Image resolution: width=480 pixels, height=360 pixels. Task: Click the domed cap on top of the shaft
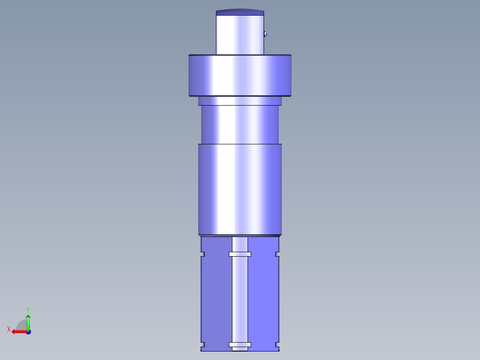pyautogui.click(x=240, y=12)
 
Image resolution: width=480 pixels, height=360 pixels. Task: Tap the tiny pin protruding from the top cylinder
pyautogui.click(x=265, y=33)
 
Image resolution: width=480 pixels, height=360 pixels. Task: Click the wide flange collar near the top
pyautogui.click(x=240, y=75)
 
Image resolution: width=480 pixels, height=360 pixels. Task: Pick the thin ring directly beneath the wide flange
pyautogui.click(x=240, y=101)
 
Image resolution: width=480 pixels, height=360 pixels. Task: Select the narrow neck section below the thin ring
pyautogui.click(x=240, y=125)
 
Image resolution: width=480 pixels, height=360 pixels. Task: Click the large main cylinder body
pyautogui.click(x=240, y=189)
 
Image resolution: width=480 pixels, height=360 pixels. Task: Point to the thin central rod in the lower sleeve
pyautogui.click(x=240, y=299)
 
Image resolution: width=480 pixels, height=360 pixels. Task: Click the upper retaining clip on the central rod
pyautogui.click(x=240, y=254)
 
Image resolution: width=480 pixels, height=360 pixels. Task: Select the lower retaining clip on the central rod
pyautogui.click(x=240, y=345)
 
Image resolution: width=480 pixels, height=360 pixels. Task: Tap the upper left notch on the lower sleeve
pyautogui.click(x=202, y=254)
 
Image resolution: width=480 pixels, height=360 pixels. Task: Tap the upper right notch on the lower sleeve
pyautogui.click(x=277, y=254)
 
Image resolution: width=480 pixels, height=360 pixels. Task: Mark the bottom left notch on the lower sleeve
pyautogui.click(x=202, y=345)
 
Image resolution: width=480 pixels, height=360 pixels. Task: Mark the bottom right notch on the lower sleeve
pyautogui.click(x=277, y=345)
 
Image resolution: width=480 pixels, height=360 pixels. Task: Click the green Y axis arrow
pyautogui.click(x=28, y=321)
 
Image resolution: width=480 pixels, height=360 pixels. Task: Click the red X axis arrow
pyautogui.click(x=18, y=331)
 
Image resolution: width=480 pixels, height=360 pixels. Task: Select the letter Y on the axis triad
pyautogui.click(x=28, y=309)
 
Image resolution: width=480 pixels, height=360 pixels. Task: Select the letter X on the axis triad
pyautogui.click(x=9, y=330)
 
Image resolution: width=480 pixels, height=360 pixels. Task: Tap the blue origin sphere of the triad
pyautogui.click(x=28, y=332)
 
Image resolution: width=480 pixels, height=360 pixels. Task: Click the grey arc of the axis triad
pyautogui.click(x=20, y=324)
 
